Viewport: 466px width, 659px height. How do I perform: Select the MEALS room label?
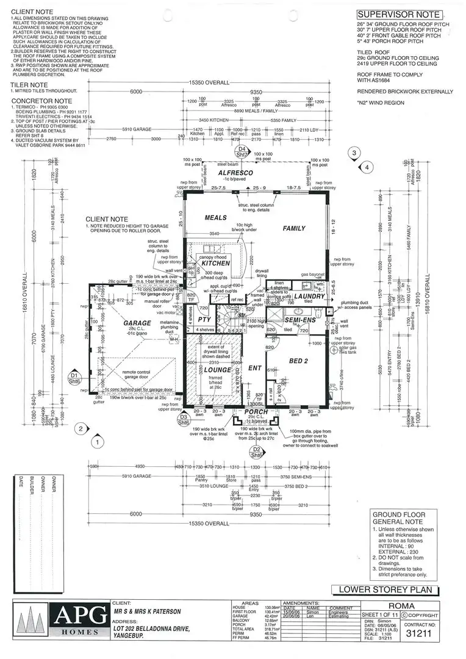click(215, 218)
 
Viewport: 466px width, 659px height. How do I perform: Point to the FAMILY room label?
click(294, 228)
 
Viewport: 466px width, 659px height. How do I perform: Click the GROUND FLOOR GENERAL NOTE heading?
click(398, 520)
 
